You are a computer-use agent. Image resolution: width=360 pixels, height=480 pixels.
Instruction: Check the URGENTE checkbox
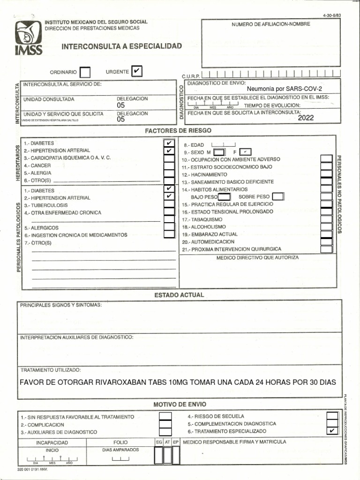coord(136,71)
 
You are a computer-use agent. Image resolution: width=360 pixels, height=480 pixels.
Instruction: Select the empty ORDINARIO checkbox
coord(85,72)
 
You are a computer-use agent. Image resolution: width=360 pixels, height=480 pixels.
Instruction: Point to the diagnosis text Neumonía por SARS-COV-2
coord(285,89)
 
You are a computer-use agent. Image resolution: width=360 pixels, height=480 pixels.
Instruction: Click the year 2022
coord(306,118)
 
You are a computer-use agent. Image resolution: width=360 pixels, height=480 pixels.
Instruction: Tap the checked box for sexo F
coord(245,152)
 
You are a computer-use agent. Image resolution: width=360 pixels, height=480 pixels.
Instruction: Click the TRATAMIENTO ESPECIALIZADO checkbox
coord(332,431)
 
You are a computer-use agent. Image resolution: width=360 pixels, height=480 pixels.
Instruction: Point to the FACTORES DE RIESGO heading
coord(178,130)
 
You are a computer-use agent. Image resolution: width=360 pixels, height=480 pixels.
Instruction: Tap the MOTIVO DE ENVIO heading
coord(180,404)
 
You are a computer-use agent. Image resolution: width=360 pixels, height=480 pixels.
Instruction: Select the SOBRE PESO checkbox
coord(277,196)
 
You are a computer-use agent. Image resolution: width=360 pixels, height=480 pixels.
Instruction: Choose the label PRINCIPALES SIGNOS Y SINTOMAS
coord(60,305)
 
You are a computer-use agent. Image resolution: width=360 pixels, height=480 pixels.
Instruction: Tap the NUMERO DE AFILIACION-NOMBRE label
coord(270,24)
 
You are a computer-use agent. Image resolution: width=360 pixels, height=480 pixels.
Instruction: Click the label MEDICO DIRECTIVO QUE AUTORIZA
coord(257,257)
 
